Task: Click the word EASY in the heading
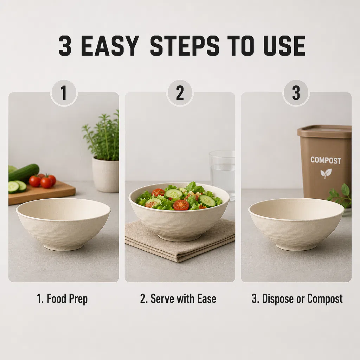pos(110,46)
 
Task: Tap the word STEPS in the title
pos(185,46)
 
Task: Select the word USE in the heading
pos(284,46)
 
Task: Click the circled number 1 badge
pos(64,93)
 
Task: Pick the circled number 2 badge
pos(180,93)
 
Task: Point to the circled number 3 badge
pos(296,93)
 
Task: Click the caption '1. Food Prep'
pos(62,299)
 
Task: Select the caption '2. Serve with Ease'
pos(178,299)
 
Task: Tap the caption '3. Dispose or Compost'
pos(297,299)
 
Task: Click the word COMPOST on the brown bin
pos(326,160)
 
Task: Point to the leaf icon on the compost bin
pos(326,174)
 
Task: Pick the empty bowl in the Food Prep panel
pos(63,224)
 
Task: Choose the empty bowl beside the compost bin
pos(296,224)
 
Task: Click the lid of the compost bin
pos(324,131)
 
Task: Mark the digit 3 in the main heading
pos(65,46)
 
